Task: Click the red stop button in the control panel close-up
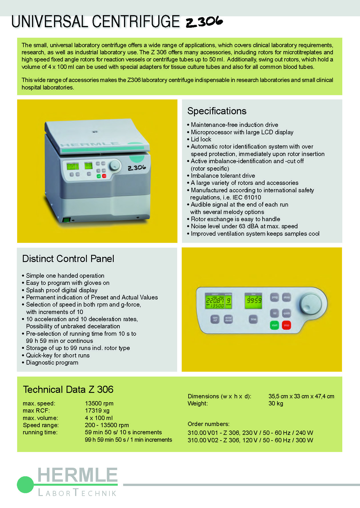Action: tap(286, 325)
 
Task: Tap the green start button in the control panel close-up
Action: tap(275, 325)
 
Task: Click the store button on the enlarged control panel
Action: tap(287, 297)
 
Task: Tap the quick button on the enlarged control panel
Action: tap(287, 313)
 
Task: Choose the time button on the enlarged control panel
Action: tap(253, 319)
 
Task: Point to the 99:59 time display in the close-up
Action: tap(254, 301)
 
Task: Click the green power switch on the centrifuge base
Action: tap(67, 220)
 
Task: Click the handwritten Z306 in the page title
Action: tap(204, 22)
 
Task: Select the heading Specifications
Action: tap(217, 111)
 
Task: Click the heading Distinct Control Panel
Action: tap(68, 259)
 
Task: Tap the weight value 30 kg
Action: tap(276, 403)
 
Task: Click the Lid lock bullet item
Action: tap(201, 139)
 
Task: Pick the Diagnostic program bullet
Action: tap(52, 363)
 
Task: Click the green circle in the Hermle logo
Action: tap(25, 485)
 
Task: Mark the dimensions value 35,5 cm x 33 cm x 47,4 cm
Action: tap(301, 396)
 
